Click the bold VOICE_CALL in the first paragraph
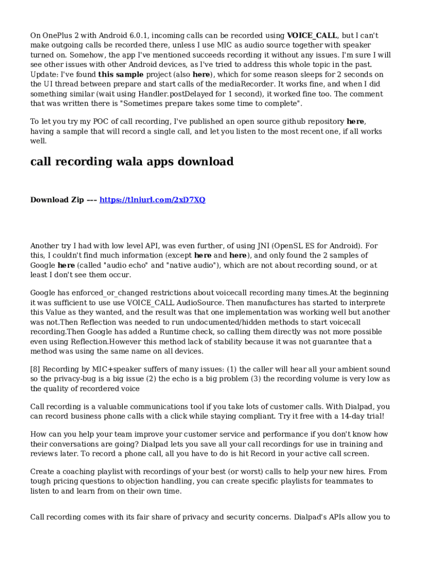tap(312, 36)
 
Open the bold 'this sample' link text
tap(121, 75)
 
